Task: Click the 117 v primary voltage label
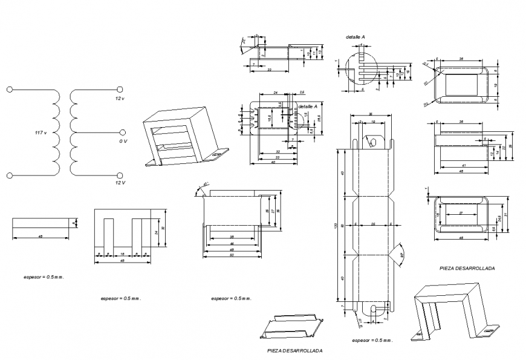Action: pos(41,131)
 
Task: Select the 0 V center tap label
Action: pos(123,141)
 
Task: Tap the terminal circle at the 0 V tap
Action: pos(121,132)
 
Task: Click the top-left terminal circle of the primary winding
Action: pos(9,90)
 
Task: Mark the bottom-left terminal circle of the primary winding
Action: pos(9,175)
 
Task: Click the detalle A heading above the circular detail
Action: pos(356,37)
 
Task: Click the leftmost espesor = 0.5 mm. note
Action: pos(43,277)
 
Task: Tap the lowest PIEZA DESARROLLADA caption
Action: pos(294,350)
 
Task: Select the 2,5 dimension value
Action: pos(301,93)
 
